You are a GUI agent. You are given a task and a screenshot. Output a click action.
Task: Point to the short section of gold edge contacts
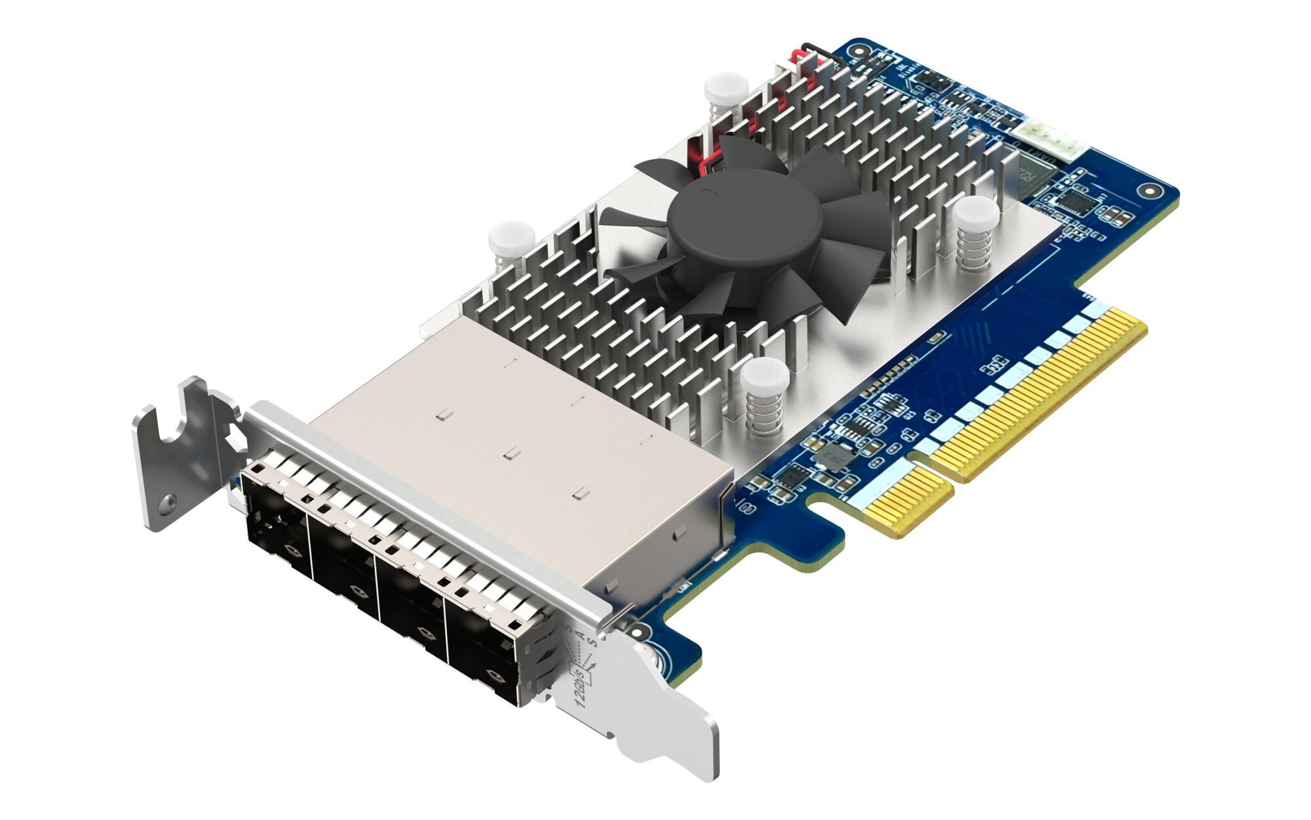pos(909,505)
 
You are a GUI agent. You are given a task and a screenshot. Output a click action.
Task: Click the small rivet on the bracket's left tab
pos(168,501)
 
